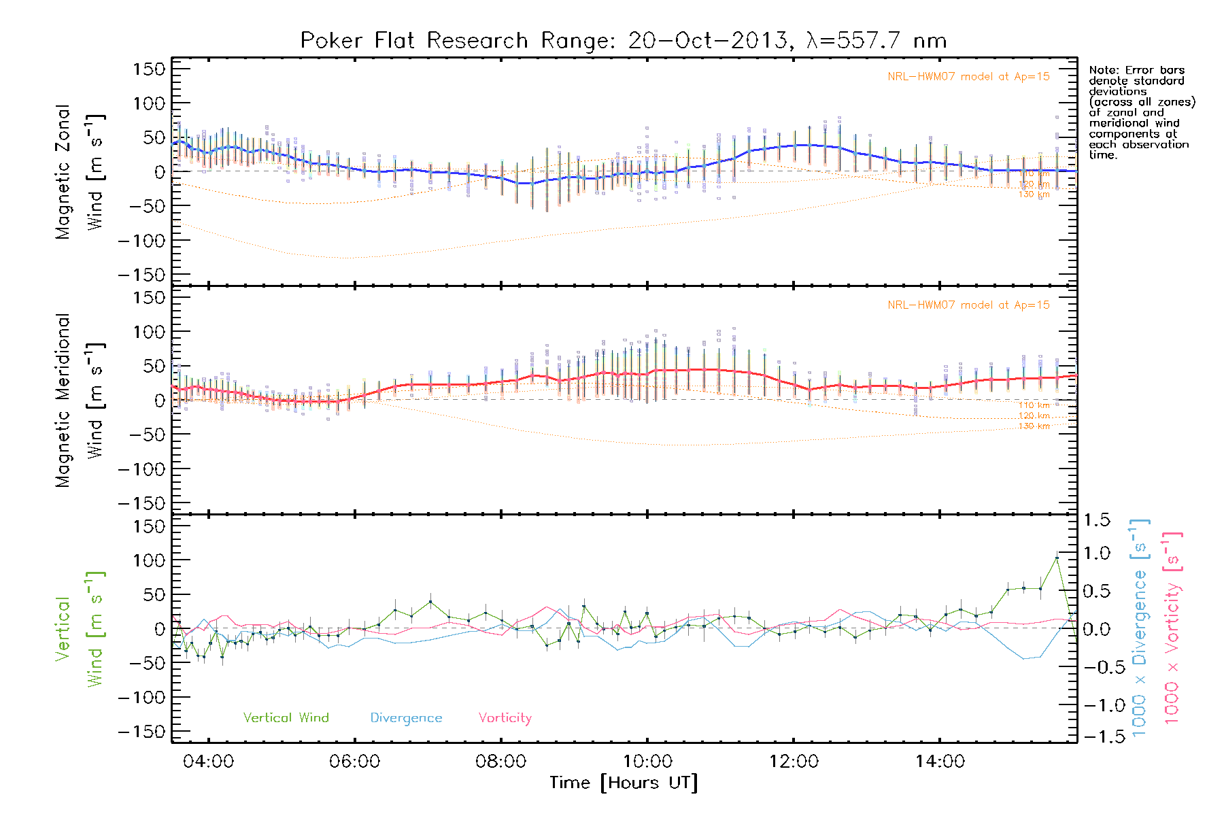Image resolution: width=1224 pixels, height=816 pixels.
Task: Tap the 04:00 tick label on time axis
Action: coord(208,762)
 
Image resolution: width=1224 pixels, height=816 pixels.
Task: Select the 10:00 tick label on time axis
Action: coord(647,762)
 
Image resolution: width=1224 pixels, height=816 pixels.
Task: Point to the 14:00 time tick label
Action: coord(940,762)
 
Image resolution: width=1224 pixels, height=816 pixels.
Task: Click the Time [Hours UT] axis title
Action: coord(624,783)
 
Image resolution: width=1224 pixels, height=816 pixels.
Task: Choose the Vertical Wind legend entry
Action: coord(286,718)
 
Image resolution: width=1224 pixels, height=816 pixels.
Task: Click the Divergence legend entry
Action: coord(406,718)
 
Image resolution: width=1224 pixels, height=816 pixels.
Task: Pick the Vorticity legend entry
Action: coord(505,718)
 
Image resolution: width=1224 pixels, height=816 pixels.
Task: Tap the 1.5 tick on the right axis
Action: coord(1096,520)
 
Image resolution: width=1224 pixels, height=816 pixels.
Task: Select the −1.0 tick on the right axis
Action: coord(1096,705)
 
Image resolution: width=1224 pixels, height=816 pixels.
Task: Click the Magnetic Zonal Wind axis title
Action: coord(80,172)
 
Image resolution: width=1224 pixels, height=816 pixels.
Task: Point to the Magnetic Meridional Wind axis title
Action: coord(80,401)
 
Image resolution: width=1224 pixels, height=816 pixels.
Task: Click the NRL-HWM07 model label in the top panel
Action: coord(968,77)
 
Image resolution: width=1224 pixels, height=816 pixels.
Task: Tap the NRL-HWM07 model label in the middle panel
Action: coord(968,305)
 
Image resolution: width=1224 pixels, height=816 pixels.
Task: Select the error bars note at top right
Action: coord(1141,112)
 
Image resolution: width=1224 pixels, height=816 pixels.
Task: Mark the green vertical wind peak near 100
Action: coord(1057,558)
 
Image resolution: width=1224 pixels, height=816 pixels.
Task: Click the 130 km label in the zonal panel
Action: coord(1034,194)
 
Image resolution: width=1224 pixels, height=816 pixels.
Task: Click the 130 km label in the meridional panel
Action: coord(1034,426)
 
